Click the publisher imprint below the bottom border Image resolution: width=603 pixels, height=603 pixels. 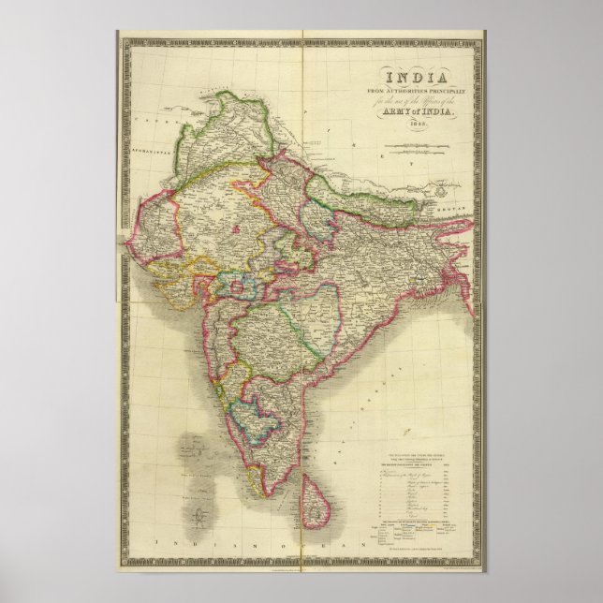301,571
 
